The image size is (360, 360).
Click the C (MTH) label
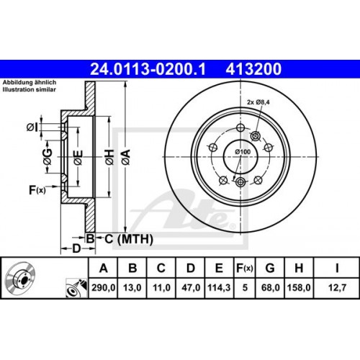tap(119, 238)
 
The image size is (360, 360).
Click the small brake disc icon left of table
tap(22, 281)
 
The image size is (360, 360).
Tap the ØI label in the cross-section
tap(32, 127)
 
